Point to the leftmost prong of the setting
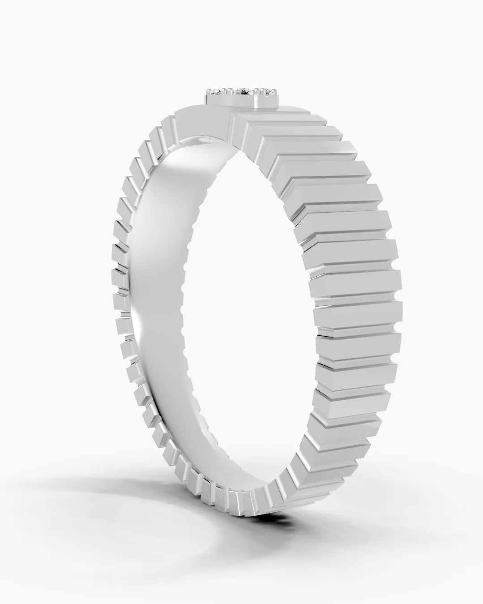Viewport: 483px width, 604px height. coord(208,90)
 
